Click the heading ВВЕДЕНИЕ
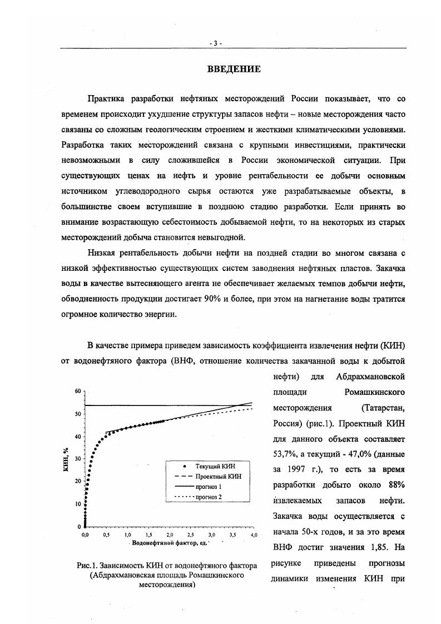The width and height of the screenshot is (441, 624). (234, 70)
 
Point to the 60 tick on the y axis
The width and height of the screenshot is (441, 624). (78, 391)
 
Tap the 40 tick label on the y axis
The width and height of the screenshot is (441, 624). (78, 437)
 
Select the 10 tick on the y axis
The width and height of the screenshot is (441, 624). (78, 504)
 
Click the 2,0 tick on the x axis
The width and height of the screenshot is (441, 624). (169, 534)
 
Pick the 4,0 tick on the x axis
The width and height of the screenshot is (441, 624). (253, 534)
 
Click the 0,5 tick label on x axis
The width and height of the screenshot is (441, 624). (106, 534)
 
